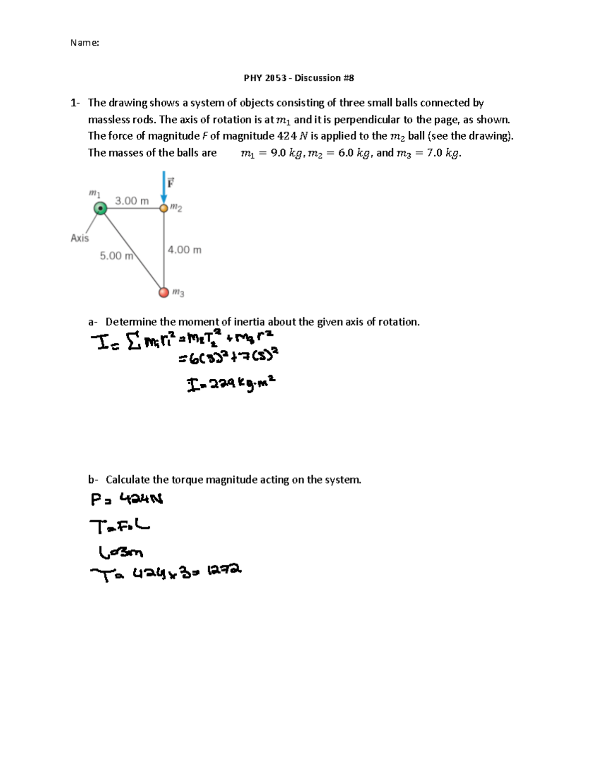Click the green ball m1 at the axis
click(101, 208)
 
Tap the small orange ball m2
click(164, 208)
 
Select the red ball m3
click(164, 292)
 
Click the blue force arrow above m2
click(164, 187)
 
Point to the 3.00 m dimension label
click(132, 201)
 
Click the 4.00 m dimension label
click(184, 250)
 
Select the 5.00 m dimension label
click(116, 256)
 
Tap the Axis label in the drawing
click(80, 238)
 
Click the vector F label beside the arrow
click(171, 183)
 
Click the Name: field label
click(84, 43)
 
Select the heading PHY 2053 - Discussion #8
click(299, 78)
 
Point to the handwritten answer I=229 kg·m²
click(231, 384)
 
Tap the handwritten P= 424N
click(127, 499)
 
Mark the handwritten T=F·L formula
click(120, 525)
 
